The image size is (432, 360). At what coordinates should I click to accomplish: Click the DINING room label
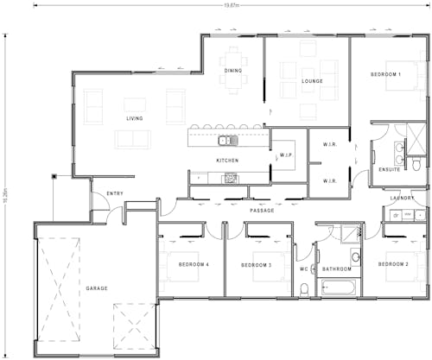tap(233, 71)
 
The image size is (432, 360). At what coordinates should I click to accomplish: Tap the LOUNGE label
tap(312, 81)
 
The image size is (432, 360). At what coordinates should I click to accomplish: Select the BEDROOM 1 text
tap(385, 75)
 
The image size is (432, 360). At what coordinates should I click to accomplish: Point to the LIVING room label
tap(135, 118)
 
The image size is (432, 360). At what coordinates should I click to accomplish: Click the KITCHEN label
tap(227, 161)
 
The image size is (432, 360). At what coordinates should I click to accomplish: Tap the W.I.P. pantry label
tap(287, 156)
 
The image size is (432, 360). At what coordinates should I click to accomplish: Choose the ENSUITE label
tap(389, 170)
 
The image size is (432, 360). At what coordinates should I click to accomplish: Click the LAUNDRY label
tap(403, 198)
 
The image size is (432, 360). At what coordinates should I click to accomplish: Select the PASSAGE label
tap(263, 210)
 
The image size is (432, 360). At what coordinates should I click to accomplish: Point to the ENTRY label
tap(114, 193)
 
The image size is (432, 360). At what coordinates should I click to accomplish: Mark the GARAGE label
tap(97, 287)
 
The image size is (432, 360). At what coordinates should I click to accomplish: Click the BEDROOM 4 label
tap(194, 264)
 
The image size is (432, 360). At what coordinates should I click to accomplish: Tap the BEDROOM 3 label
tap(257, 264)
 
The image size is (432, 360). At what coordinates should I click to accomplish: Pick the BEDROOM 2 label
tap(393, 263)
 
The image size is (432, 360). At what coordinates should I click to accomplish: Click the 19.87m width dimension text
tap(231, 5)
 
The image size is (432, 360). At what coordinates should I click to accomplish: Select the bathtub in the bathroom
tap(338, 286)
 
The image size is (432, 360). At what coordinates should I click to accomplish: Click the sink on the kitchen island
tap(226, 140)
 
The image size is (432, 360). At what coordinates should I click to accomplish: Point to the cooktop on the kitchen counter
tap(231, 178)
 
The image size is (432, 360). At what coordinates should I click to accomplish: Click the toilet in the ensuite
tap(416, 162)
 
